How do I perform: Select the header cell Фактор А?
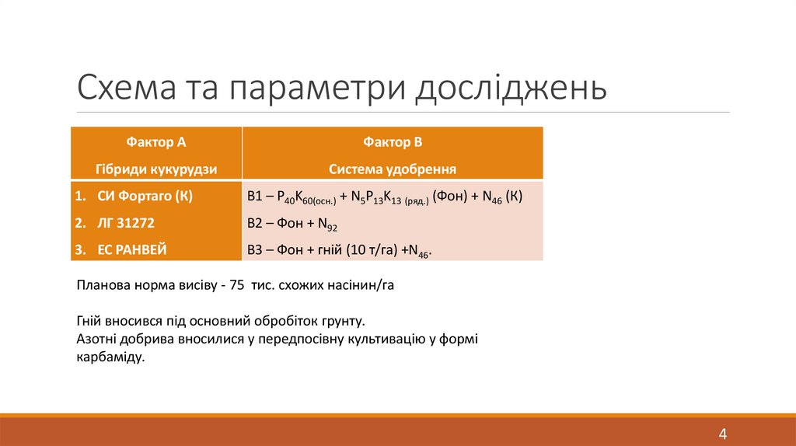(156, 142)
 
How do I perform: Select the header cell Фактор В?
(392, 142)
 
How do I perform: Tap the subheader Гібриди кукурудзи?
(156, 169)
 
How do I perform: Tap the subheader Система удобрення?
(392, 169)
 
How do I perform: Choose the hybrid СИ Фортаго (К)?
(145, 197)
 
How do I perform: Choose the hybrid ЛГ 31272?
(126, 223)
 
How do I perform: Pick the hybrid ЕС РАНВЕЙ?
(131, 249)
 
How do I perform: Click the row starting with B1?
(385, 197)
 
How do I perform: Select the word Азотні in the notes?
(97, 339)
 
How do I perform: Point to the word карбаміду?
(111, 357)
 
